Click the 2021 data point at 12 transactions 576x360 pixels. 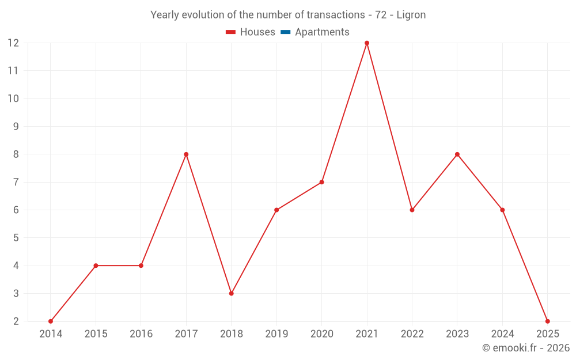coord(367,43)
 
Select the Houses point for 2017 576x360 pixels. coord(186,154)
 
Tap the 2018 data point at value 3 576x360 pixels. coord(232,293)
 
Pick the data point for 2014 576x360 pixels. coord(51,321)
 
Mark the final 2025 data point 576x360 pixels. coord(547,321)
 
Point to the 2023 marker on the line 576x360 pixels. coord(457,154)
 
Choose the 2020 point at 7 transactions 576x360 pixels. coord(322,182)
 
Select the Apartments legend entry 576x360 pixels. coord(322,32)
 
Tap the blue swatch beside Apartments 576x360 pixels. coord(286,32)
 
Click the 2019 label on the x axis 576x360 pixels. coord(276,334)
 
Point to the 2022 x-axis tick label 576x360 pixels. coord(412,334)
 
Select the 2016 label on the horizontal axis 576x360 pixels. coord(141,334)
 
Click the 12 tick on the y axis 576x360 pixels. coord(13,43)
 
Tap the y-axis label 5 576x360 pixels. coord(16,238)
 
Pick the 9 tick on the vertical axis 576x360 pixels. coord(16,126)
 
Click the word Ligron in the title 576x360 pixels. coord(411,15)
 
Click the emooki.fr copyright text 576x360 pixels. coord(526,348)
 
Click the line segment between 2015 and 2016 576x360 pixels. coord(119,266)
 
